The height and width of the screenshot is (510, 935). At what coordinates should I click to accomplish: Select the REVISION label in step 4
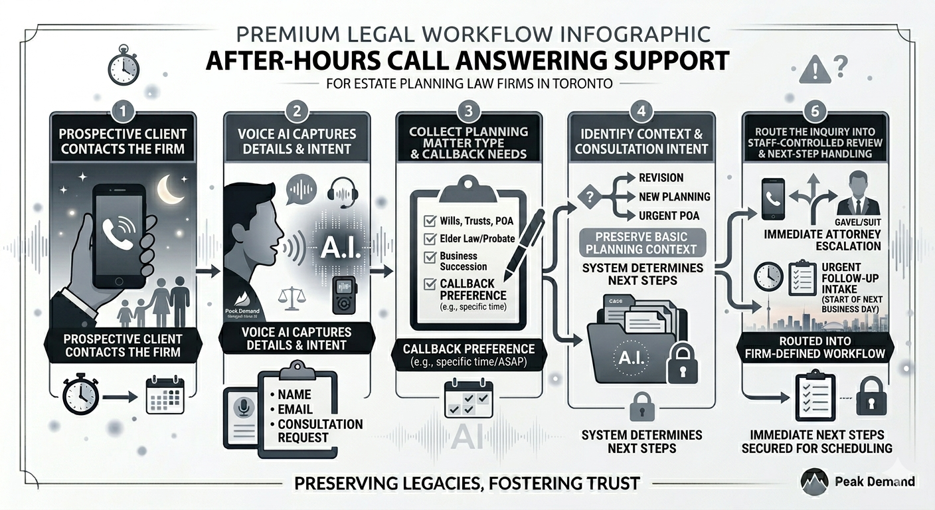pyautogui.click(x=661, y=178)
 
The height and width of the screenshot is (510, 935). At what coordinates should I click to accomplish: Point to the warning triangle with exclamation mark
pyautogui.click(x=814, y=68)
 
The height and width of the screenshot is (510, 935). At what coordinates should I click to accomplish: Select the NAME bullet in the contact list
pyautogui.click(x=295, y=394)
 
